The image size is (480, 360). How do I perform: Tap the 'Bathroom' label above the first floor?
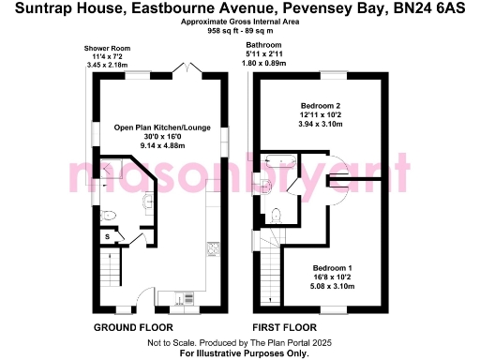[x=263, y=45]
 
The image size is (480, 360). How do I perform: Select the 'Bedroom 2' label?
[x=321, y=105]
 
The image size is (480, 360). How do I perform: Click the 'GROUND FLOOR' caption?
[x=133, y=327]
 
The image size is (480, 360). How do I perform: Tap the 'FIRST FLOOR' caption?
[x=284, y=327]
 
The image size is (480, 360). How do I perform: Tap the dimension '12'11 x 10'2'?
[x=321, y=114]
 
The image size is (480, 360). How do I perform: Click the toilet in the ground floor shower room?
[x=109, y=215]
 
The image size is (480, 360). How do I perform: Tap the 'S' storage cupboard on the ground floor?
[x=107, y=237]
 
